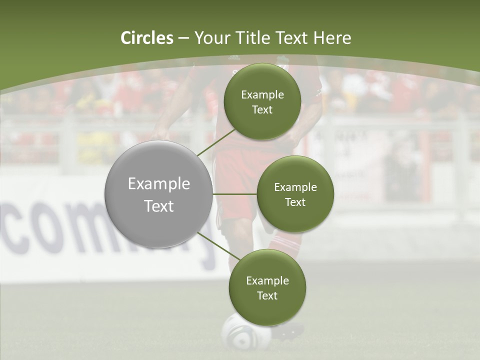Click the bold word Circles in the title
(x=147, y=38)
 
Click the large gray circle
(x=158, y=194)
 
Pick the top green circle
(x=262, y=101)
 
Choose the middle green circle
(x=295, y=194)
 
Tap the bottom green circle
(x=267, y=287)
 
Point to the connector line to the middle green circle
(x=234, y=194)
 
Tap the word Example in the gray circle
(x=158, y=184)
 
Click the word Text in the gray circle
(x=158, y=206)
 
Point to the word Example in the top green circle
(x=262, y=94)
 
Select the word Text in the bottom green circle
(x=267, y=295)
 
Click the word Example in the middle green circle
(x=295, y=187)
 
